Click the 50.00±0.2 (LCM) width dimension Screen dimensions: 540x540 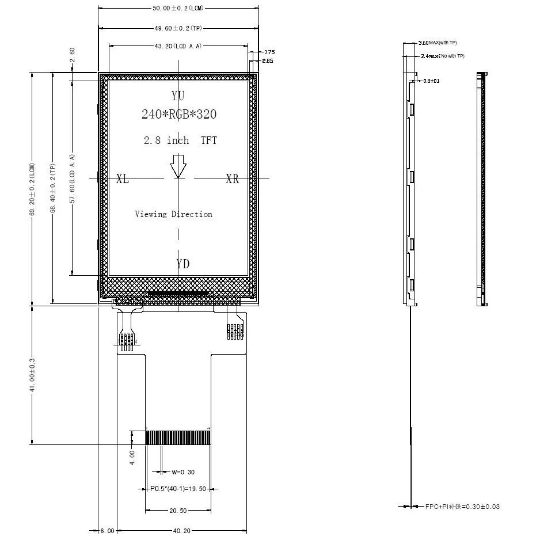[x=178, y=9]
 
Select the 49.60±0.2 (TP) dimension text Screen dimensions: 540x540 [x=178, y=28]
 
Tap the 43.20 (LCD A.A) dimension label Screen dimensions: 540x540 [x=178, y=46]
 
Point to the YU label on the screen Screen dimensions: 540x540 [x=178, y=96]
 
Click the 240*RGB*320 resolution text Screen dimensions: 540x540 [x=179, y=114]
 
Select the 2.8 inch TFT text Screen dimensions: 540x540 [x=180, y=140]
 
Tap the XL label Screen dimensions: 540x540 [x=123, y=179]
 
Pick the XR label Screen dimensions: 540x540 [x=232, y=179]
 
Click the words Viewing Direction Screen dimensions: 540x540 [x=173, y=214]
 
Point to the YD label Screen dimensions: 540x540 [x=183, y=264]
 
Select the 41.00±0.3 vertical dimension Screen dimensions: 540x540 [x=33, y=375]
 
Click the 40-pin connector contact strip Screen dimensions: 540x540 [x=178, y=438]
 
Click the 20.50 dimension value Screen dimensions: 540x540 [x=178, y=511]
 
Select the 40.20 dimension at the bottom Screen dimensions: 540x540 [x=181, y=531]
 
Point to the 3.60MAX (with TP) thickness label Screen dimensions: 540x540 [x=438, y=43]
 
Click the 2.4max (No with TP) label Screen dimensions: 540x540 [x=442, y=56]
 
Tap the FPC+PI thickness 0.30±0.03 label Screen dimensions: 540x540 [x=462, y=507]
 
